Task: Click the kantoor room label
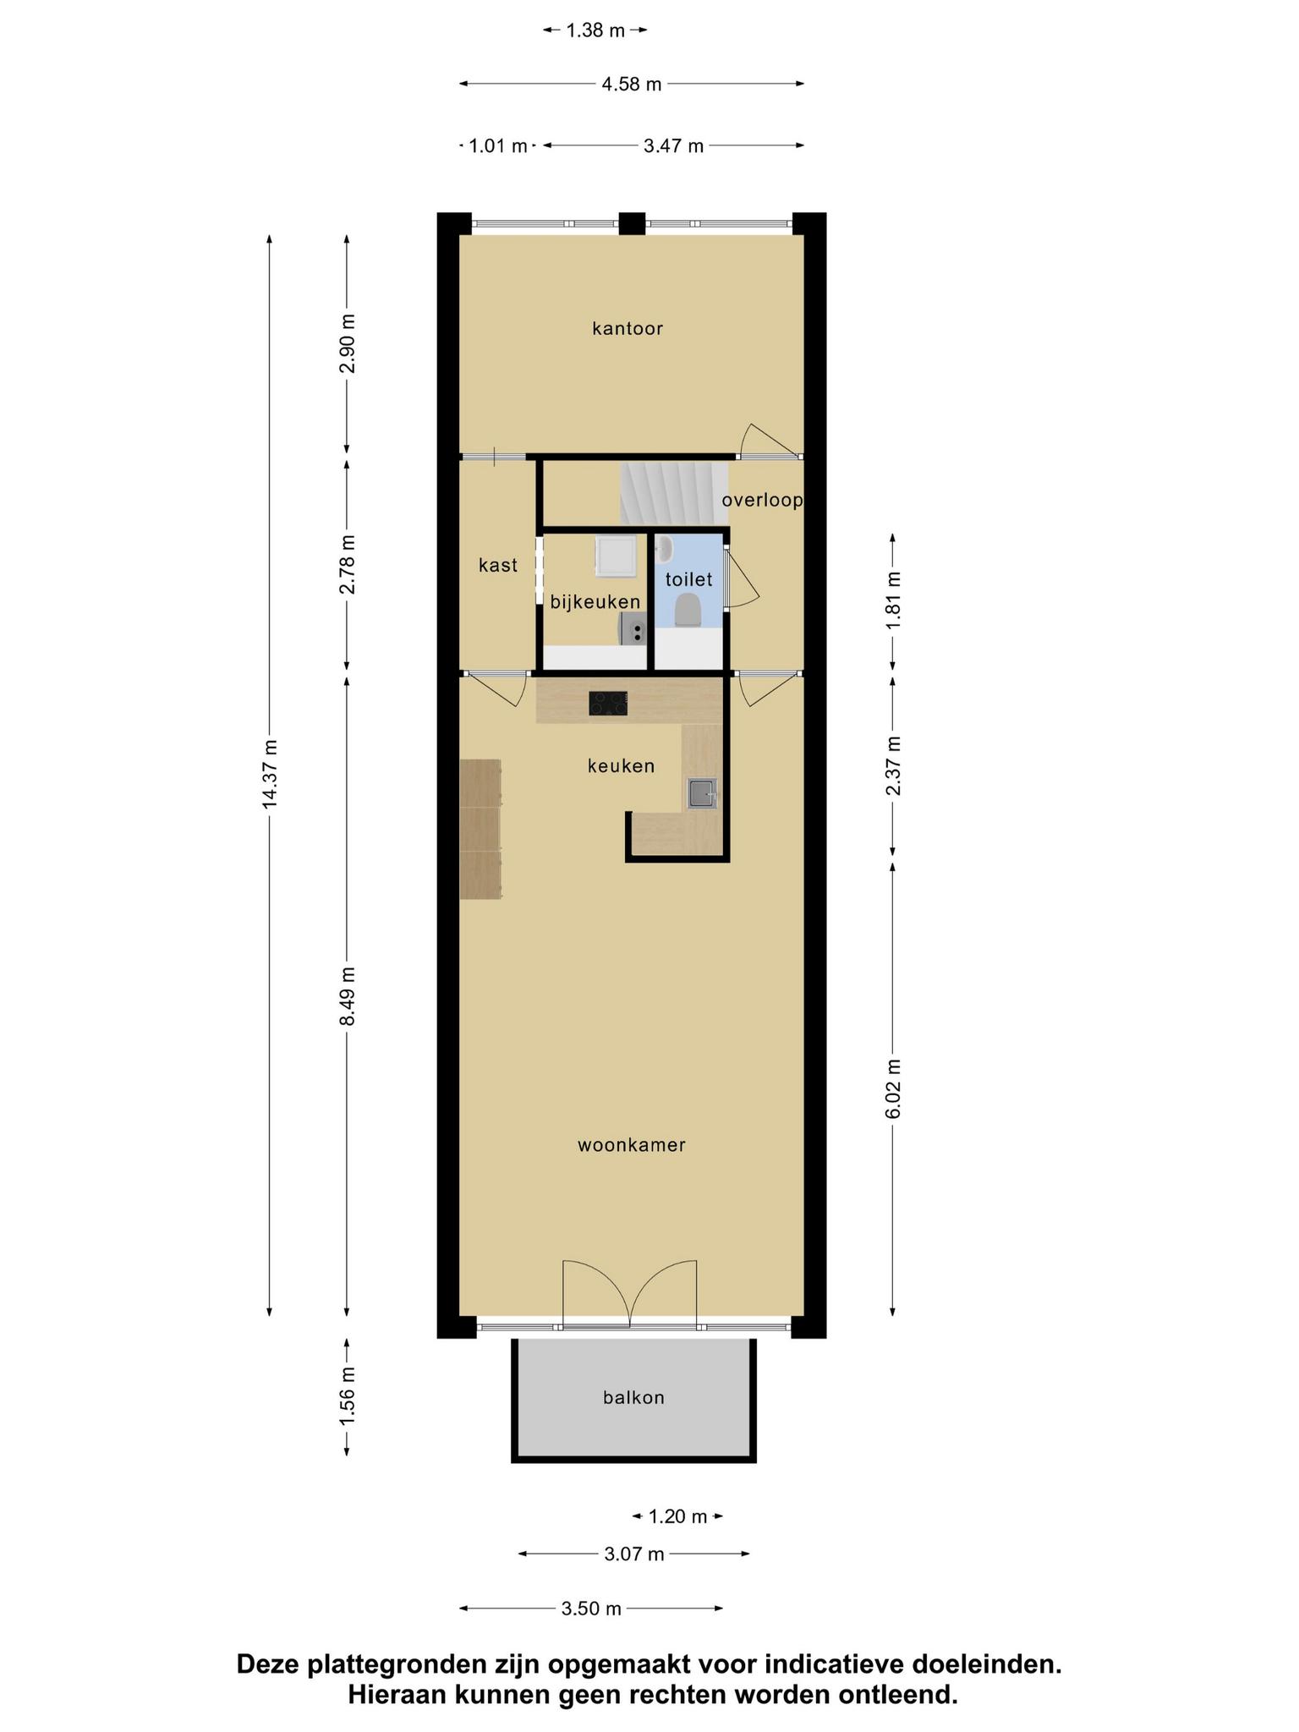coord(628,328)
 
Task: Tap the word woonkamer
coord(632,1145)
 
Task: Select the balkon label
coord(633,1398)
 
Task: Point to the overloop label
coord(762,501)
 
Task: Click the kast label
coord(498,565)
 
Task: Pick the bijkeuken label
coord(595,602)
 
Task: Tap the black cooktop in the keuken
coord(608,703)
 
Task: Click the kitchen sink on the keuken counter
coord(702,794)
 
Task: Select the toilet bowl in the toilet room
coord(688,610)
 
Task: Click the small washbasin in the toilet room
coord(665,550)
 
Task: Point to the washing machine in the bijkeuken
coord(616,556)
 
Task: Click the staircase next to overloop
coord(674,492)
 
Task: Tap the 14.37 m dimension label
coord(270,774)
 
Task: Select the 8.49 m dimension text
coord(347,995)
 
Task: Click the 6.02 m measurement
coord(893,1088)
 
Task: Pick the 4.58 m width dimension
coord(632,84)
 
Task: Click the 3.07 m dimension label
coord(634,1554)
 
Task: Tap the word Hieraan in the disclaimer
coord(397,1695)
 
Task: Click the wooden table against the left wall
coord(480,829)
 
